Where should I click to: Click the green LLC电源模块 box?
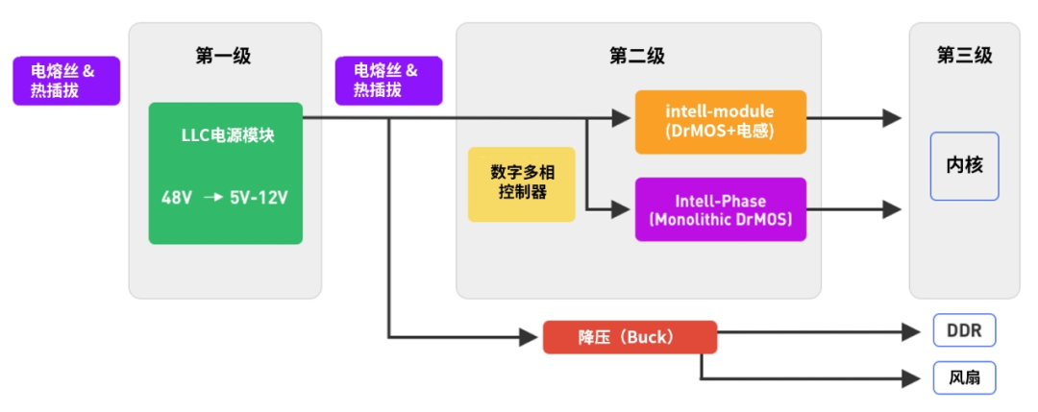pos(225,173)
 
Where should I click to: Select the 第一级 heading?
pos(223,57)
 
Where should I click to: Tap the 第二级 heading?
pos(637,57)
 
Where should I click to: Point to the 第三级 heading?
pos(965,56)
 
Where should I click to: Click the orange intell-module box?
pos(721,122)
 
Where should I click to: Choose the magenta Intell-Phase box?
pos(721,209)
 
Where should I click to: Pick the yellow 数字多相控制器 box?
pos(522,183)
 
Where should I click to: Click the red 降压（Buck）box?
pos(630,337)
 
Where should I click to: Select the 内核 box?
pos(965,166)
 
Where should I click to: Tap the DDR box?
pos(965,330)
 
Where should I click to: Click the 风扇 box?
pos(965,378)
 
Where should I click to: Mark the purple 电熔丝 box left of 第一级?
pos(67,81)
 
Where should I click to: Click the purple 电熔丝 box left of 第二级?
pos(388,81)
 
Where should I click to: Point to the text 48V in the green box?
pos(177,198)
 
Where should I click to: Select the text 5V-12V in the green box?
pos(259,198)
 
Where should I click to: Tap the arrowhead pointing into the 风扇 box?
pos(911,379)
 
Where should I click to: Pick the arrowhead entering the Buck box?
pos(529,337)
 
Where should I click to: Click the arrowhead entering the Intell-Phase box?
pos(620,209)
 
